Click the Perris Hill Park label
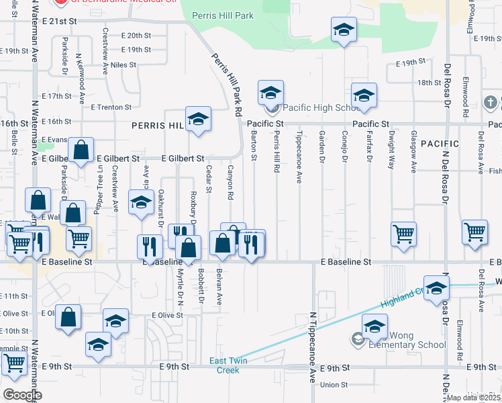click(x=223, y=15)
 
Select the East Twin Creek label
click(x=224, y=365)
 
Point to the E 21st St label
click(x=59, y=21)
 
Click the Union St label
click(x=334, y=385)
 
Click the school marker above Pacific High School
click(x=270, y=93)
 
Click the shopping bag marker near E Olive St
click(x=68, y=318)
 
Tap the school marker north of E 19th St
click(x=344, y=30)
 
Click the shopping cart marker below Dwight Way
click(x=404, y=235)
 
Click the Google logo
click(x=22, y=395)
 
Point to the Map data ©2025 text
click(x=474, y=398)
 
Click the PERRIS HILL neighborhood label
click(x=157, y=126)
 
